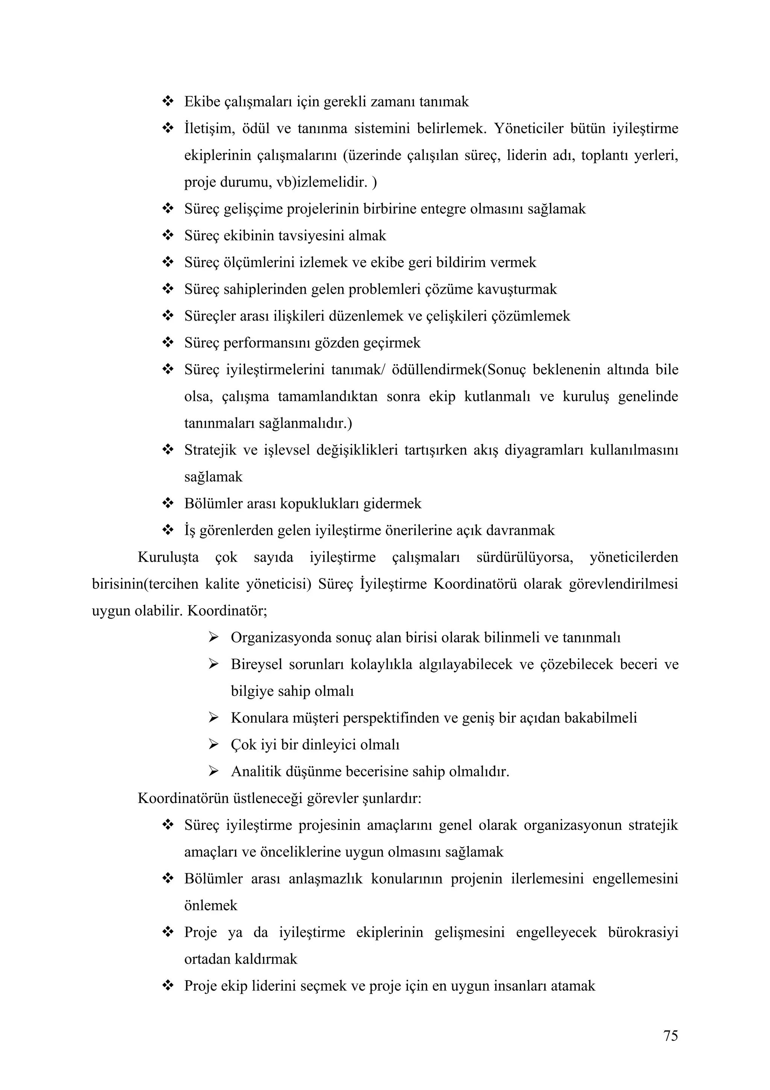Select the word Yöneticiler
535,129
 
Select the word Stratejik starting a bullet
210,450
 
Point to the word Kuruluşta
168,557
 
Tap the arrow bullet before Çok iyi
213,744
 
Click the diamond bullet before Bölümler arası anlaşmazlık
168,879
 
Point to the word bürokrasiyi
643,932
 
